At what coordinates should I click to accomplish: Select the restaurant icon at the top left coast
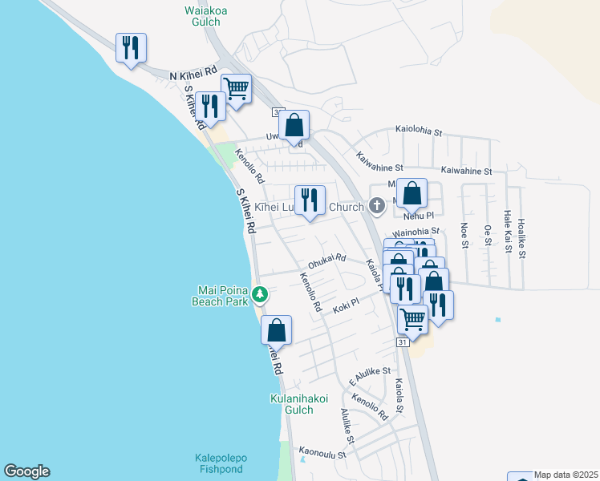[130, 48]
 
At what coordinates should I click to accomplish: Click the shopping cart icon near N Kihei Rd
[237, 88]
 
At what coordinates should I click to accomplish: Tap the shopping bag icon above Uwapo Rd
[294, 125]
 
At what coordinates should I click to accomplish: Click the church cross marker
[376, 207]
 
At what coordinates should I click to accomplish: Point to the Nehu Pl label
[418, 216]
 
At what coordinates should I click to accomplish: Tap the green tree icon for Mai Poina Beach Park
[260, 295]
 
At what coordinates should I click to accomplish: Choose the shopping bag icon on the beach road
[276, 329]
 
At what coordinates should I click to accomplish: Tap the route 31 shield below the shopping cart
[403, 342]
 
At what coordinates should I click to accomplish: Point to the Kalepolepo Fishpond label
[221, 463]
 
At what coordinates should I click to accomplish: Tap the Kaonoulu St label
[322, 454]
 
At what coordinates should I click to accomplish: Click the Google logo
[26, 471]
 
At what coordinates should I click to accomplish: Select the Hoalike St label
[521, 238]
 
